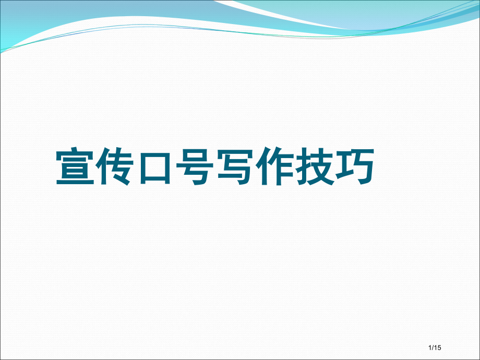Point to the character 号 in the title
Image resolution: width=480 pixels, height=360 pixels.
click(195, 168)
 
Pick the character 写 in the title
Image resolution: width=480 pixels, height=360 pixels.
click(235, 168)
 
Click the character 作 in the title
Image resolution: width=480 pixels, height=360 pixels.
click(275, 168)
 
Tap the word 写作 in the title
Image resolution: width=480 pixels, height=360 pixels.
click(255, 168)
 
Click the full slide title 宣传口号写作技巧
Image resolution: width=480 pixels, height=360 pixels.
click(215, 168)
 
